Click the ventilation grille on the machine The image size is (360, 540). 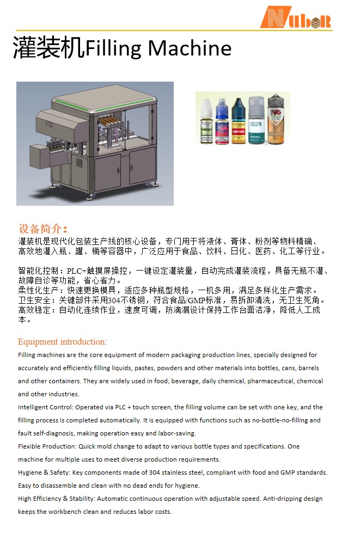pyautogui.click(x=79, y=163)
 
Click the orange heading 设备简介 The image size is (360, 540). pyautogui.click(x=43, y=229)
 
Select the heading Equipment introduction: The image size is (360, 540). pyautogui.click(x=62, y=342)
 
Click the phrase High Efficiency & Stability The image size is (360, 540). pyautogui.click(x=56, y=499)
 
